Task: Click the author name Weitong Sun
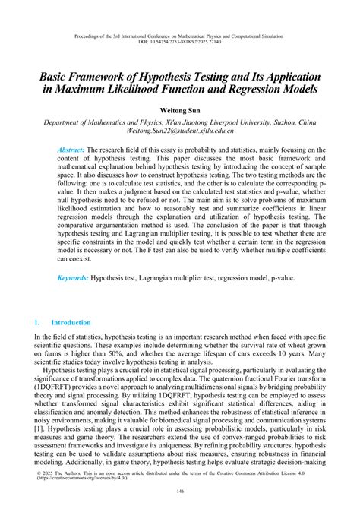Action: click(x=180, y=109)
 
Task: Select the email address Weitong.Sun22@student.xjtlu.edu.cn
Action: click(x=180, y=131)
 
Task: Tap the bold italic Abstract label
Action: click(x=71, y=150)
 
